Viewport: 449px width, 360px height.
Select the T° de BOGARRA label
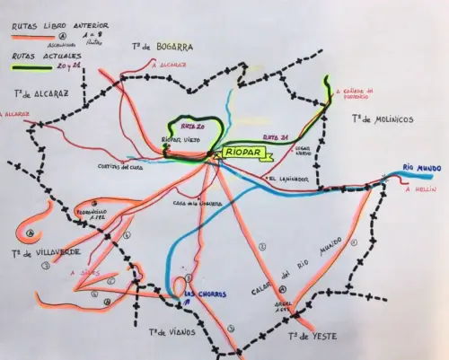click(x=163, y=46)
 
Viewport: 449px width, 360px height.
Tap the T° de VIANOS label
click(x=170, y=332)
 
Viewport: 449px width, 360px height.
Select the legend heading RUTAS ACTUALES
click(x=37, y=56)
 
